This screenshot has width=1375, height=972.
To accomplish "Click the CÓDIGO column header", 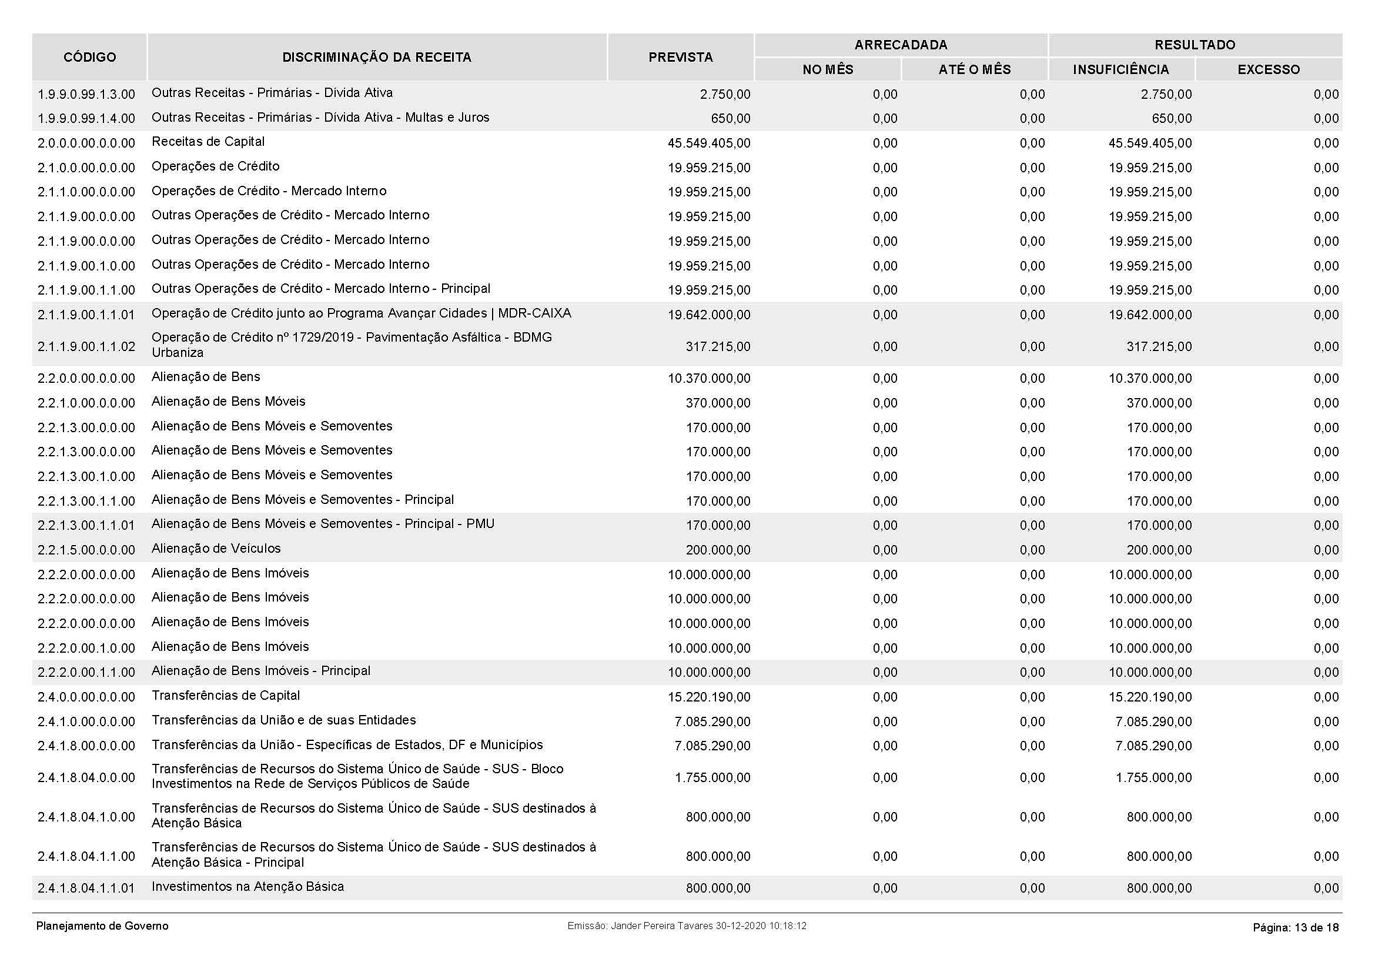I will [x=89, y=58].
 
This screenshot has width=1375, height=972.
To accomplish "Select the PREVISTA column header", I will [x=680, y=58].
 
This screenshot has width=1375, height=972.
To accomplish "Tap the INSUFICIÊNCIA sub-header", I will [x=1120, y=70].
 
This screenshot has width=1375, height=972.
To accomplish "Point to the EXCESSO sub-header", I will [x=1269, y=70].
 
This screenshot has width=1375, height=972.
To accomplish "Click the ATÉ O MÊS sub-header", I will [x=974, y=70].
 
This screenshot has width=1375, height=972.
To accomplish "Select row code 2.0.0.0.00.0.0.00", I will [x=86, y=143].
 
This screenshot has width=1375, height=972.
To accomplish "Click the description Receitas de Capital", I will [x=208, y=142].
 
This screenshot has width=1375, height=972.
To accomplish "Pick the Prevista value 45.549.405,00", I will [x=709, y=143].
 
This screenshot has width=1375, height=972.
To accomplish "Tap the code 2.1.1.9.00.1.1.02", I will [x=86, y=347].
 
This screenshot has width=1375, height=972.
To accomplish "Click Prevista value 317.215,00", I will [x=718, y=347].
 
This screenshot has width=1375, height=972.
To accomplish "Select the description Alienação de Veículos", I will [x=216, y=549].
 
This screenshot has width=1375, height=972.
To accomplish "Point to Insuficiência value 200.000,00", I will [x=1159, y=550].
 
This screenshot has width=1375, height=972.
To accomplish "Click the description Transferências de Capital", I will [x=226, y=696].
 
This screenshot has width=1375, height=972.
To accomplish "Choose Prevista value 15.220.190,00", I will [x=709, y=698].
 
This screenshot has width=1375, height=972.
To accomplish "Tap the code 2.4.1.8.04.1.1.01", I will [x=86, y=888].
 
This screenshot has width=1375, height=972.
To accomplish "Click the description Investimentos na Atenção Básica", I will [x=247, y=887].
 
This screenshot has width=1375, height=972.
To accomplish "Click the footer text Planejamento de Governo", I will [x=102, y=927].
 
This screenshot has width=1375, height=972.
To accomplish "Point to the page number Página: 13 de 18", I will [x=1296, y=928].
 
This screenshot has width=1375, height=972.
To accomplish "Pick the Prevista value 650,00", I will [x=731, y=119].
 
